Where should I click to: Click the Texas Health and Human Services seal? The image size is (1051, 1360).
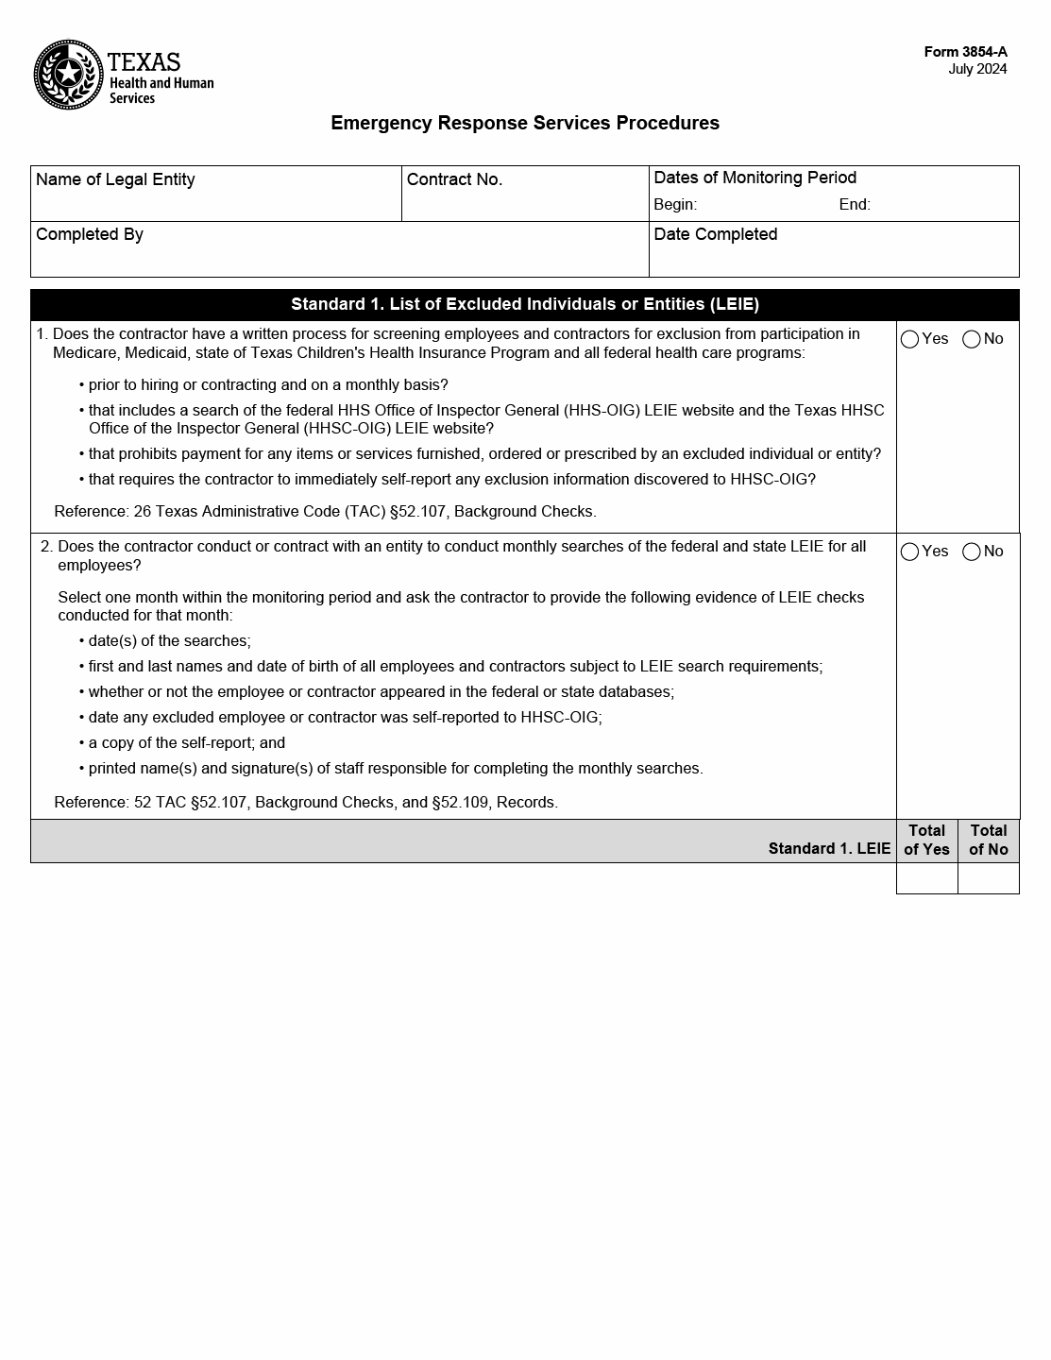[68, 75]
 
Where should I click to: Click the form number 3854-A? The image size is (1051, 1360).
[965, 52]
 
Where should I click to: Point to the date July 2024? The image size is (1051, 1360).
[977, 69]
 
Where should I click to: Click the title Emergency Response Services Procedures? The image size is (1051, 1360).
[525, 123]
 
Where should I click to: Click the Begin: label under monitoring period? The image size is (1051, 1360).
[675, 205]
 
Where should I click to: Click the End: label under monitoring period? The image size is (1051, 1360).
[855, 205]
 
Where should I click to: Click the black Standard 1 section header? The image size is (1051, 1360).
[525, 304]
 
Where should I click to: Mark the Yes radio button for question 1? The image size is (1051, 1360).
[910, 339]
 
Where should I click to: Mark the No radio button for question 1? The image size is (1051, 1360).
[972, 339]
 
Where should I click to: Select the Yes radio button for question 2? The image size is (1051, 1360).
[910, 552]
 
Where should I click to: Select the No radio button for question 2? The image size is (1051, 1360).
[972, 552]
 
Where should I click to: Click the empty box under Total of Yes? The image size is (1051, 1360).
[926, 878]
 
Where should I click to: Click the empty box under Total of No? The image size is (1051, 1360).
[989, 878]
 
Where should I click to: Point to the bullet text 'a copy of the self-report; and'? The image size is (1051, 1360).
[187, 743]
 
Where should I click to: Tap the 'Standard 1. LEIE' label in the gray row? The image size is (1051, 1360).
[829, 848]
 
